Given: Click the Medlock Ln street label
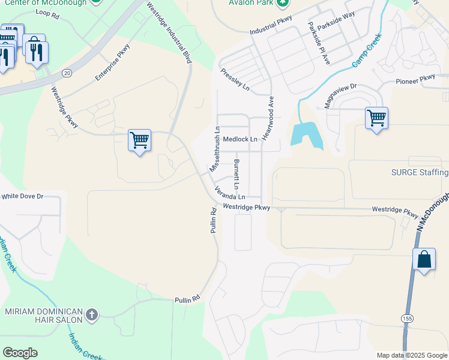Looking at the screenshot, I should click(240, 139).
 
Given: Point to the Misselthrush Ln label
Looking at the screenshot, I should click(214, 149).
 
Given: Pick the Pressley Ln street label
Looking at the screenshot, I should click(235, 79).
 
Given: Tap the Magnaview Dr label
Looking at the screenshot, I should click(340, 95).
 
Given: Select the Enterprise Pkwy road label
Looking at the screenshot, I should click(112, 65).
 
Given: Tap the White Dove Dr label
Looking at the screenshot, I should click(23, 196).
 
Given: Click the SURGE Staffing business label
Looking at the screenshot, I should click(420, 173).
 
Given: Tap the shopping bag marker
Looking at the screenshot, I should click(424, 260).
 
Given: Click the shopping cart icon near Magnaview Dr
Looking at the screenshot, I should click(376, 118).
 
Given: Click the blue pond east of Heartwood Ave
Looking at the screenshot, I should click(306, 135).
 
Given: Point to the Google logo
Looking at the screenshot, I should click(20, 353).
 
